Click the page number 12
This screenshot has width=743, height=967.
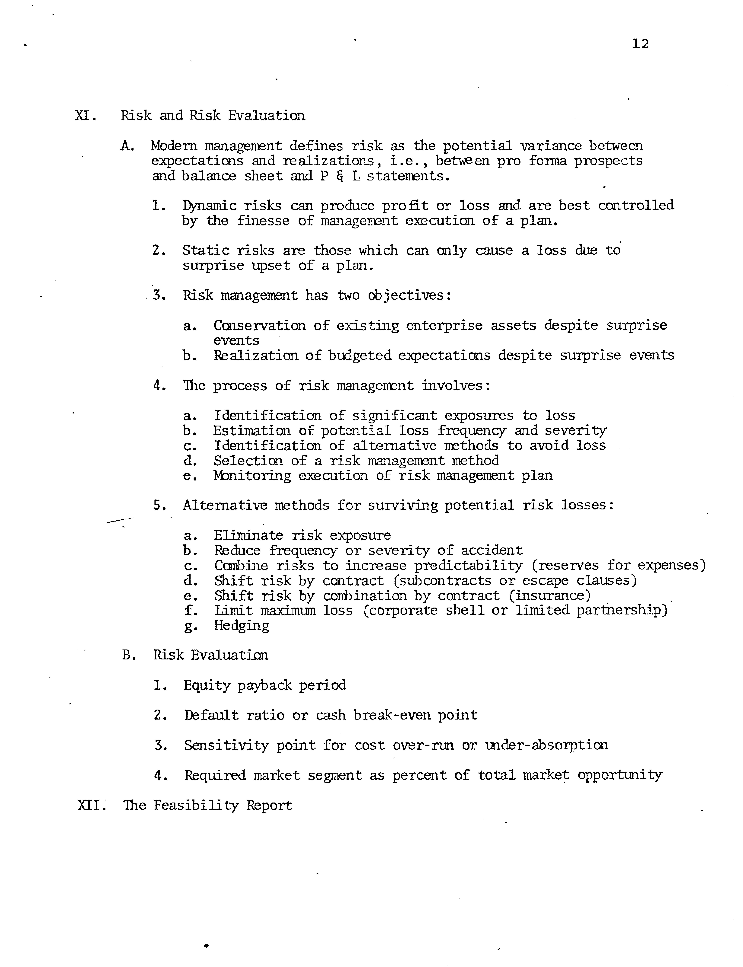640,44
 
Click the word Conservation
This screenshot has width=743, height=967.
259,326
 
